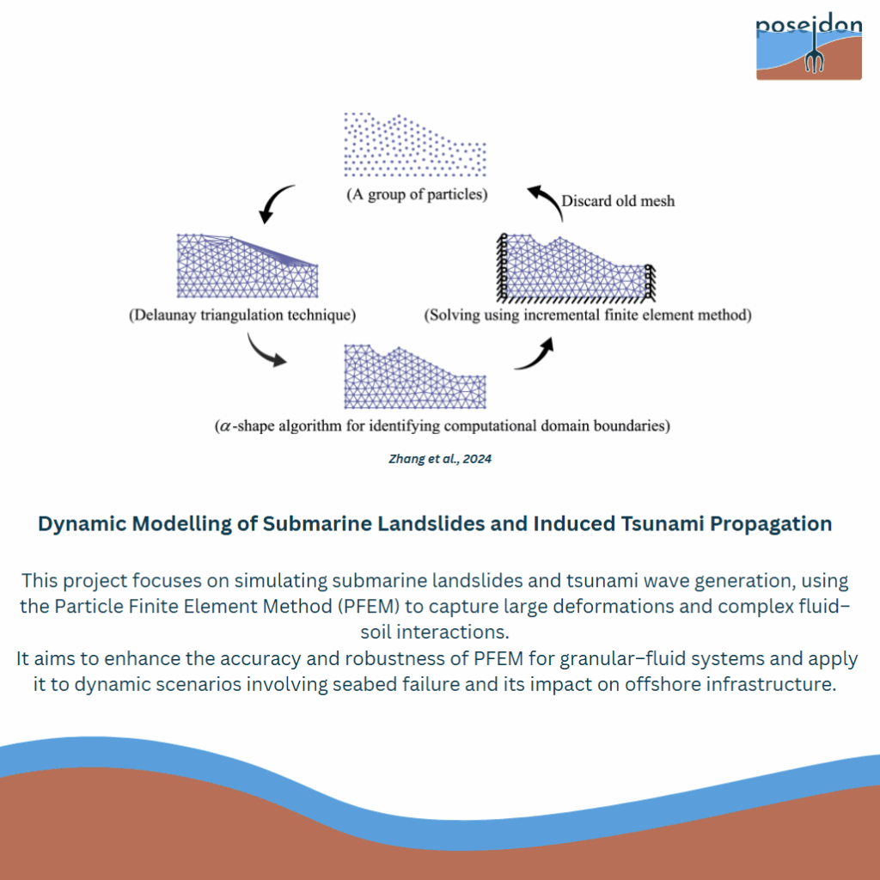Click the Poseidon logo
(809, 47)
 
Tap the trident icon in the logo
(814, 49)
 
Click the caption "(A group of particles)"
(417, 194)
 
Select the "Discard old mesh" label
(618, 201)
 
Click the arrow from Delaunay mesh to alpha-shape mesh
(264, 351)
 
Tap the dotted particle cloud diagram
(415, 144)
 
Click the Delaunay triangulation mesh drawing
(247, 266)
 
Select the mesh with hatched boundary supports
(576, 268)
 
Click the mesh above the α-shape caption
(415, 376)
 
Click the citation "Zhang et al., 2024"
(440, 459)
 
